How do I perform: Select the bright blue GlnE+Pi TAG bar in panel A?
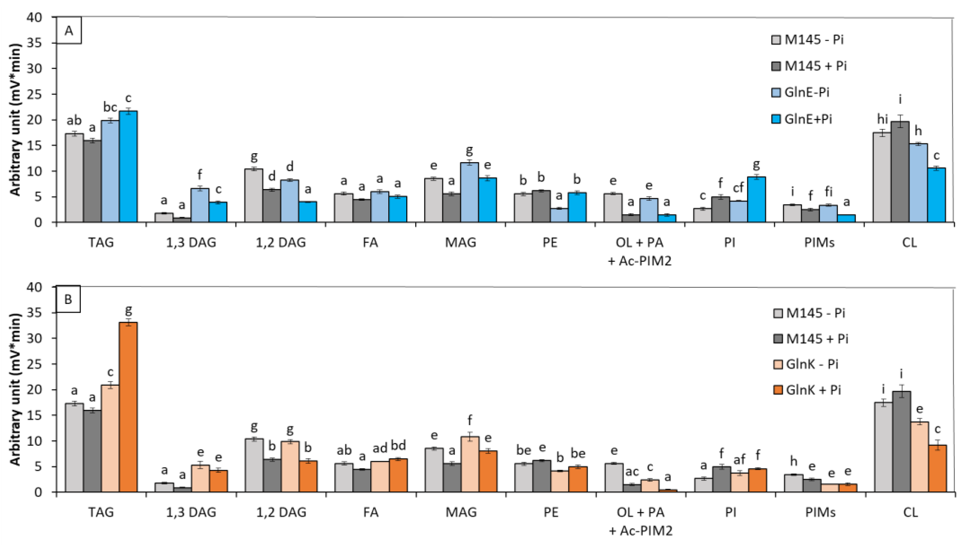[x=128, y=167]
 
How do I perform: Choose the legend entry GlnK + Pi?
[x=813, y=390]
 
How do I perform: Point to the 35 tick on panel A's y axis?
[x=45, y=43]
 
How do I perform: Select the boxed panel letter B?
[x=68, y=300]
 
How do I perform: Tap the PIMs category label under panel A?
[x=819, y=243]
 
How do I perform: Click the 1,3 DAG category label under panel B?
[x=191, y=512]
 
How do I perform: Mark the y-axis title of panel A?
[x=15, y=120]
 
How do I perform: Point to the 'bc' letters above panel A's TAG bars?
[x=110, y=107]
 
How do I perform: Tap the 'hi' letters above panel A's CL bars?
[x=882, y=119]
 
